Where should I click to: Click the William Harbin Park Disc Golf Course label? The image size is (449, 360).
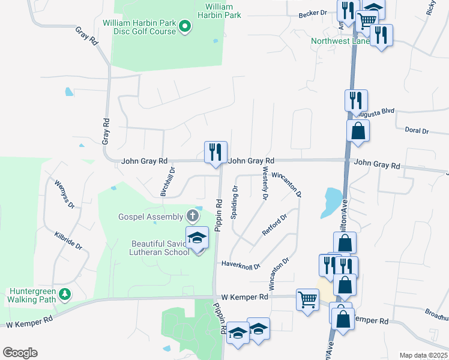pyautogui.click(x=139, y=27)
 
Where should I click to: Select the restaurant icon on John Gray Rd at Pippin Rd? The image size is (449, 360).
pyautogui.click(x=215, y=152)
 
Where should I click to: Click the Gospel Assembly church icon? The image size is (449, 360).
pyautogui.click(x=193, y=215)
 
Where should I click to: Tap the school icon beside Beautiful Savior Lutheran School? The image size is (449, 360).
pyautogui.click(x=197, y=238)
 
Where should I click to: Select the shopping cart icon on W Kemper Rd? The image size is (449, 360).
pyautogui.click(x=307, y=298)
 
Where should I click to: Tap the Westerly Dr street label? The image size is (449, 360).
pyautogui.click(x=265, y=184)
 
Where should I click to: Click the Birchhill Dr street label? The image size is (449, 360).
pyautogui.click(x=172, y=178)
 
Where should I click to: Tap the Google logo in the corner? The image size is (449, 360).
pyautogui.click(x=20, y=352)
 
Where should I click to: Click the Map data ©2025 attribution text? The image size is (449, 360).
pyautogui.click(x=423, y=355)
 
